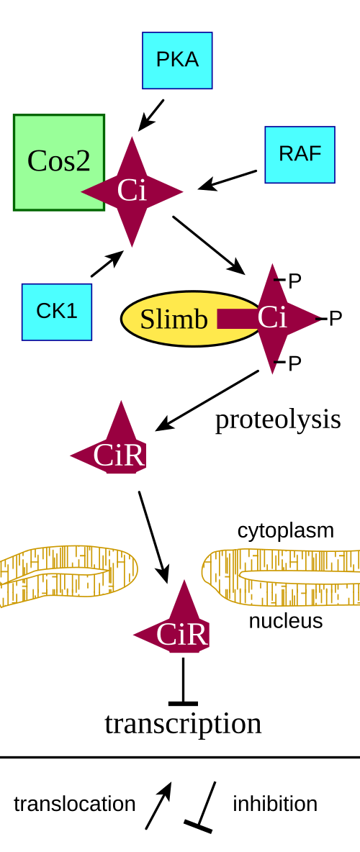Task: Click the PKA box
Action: (177, 60)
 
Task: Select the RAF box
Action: (300, 155)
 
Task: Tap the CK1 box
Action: (57, 312)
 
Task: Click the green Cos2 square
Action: (59, 162)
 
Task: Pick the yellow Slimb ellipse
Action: (185, 319)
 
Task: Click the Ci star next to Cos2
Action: (132, 191)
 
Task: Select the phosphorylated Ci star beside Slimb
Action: (272, 318)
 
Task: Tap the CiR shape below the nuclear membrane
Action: (176, 625)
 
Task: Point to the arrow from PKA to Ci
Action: (150, 115)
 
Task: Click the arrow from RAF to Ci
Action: (228, 180)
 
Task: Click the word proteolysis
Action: (278, 420)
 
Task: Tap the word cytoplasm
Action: (286, 530)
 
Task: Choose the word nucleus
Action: (286, 620)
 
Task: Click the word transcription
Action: (184, 724)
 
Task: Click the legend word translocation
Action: (74, 805)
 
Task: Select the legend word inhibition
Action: (275, 805)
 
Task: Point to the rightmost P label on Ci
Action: (336, 319)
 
